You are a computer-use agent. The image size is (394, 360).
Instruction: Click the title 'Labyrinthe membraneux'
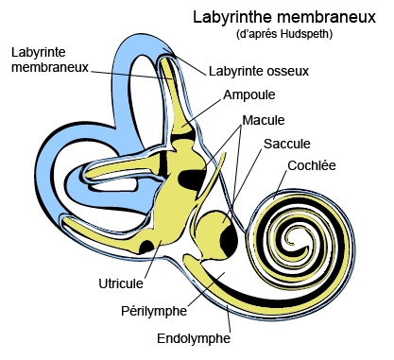(283, 17)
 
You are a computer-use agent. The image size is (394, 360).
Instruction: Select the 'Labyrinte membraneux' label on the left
(46, 59)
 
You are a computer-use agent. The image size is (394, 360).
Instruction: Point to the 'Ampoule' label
(249, 94)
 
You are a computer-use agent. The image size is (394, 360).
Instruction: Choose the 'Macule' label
(264, 120)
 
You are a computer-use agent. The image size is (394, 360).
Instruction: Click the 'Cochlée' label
(314, 166)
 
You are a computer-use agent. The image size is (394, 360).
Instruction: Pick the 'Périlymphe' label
(154, 309)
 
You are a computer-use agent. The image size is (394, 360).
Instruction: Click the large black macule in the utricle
(193, 177)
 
